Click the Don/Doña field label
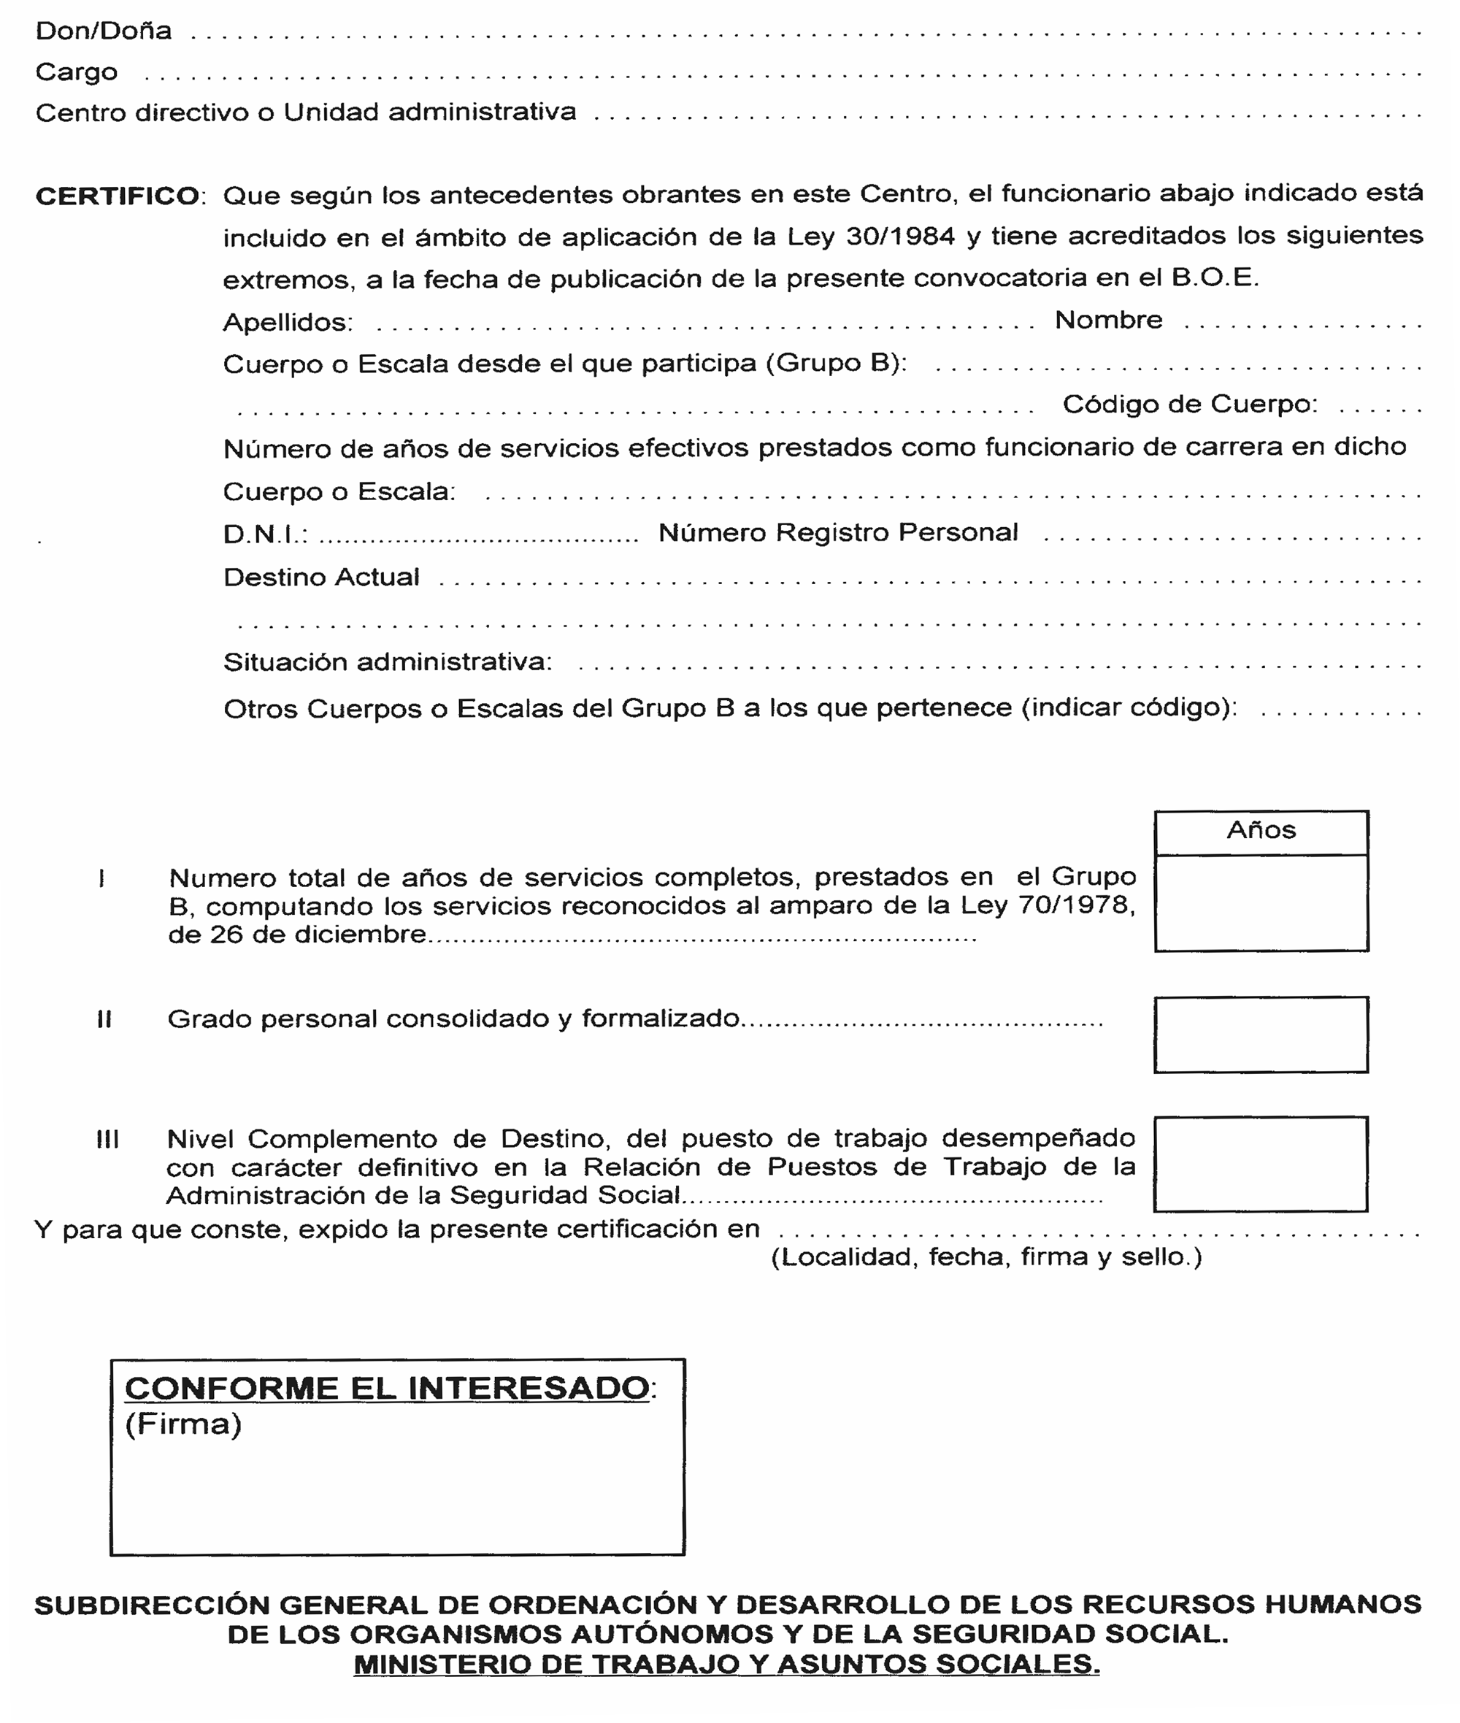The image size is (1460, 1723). click(104, 31)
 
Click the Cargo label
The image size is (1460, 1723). click(76, 72)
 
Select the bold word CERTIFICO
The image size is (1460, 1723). click(118, 196)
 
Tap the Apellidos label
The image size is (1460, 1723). click(287, 322)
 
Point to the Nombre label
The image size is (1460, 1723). click(1107, 320)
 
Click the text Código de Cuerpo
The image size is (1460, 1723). click(1188, 404)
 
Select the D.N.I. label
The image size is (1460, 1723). click(265, 534)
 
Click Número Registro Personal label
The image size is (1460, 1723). click(837, 532)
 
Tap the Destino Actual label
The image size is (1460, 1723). click(321, 577)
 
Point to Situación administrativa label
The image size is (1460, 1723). click(386, 662)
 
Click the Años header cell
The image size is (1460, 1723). click(1261, 830)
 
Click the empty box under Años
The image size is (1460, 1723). click(1261, 902)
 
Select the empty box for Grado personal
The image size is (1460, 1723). click(1261, 1035)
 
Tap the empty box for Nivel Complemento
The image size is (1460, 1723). click(1261, 1164)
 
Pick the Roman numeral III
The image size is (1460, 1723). click(107, 1140)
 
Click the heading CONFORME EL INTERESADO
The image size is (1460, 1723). click(388, 1388)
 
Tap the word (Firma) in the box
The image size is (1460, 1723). click(183, 1424)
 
